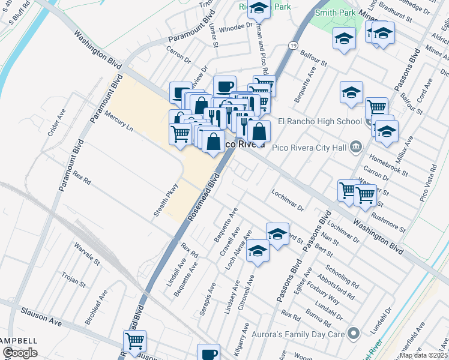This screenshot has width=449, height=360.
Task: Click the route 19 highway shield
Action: (292, 46)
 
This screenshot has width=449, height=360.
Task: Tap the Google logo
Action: (20, 353)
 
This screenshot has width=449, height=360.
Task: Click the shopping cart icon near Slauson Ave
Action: (135, 341)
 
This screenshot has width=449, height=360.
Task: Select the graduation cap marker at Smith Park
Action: (344, 39)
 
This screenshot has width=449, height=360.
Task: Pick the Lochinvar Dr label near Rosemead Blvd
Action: (288, 194)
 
